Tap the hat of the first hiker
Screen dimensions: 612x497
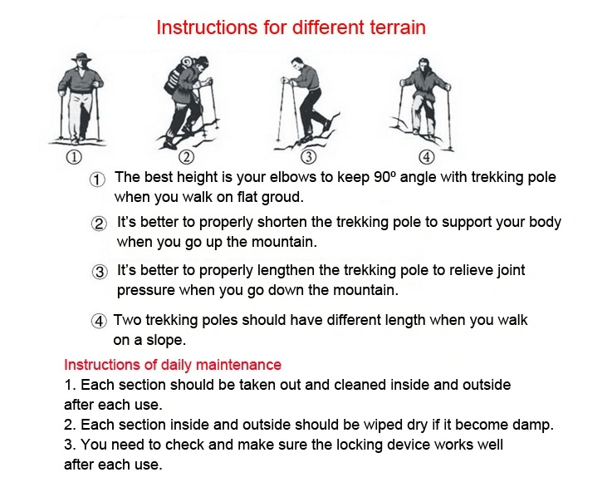point(81,58)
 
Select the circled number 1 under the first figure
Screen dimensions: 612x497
point(74,157)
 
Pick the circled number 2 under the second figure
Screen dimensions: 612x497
point(187,157)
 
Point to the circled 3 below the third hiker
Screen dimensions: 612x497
point(308,157)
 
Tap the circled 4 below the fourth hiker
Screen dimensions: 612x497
point(427,157)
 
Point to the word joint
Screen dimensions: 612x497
point(511,270)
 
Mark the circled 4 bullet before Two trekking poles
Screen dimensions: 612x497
point(99,321)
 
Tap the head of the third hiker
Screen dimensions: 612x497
point(297,63)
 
